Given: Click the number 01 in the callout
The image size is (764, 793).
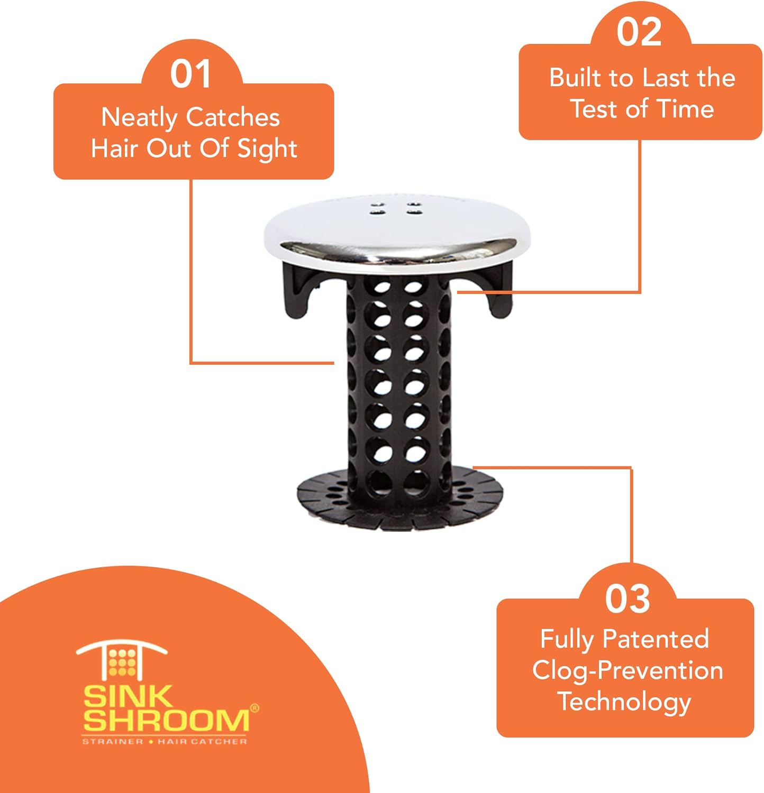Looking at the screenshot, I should [x=191, y=74].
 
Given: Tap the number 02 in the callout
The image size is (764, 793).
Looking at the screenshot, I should [x=639, y=32].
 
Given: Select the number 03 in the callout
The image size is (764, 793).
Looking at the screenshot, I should [x=627, y=599].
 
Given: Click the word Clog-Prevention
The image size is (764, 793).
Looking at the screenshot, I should [x=627, y=670].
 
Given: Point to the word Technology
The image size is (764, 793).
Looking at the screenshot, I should [x=624, y=702].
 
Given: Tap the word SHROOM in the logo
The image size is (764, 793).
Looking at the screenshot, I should [x=166, y=721].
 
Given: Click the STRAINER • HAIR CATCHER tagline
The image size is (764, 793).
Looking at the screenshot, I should [x=165, y=742].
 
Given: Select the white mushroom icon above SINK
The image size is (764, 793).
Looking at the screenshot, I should [x=122, y=659].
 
